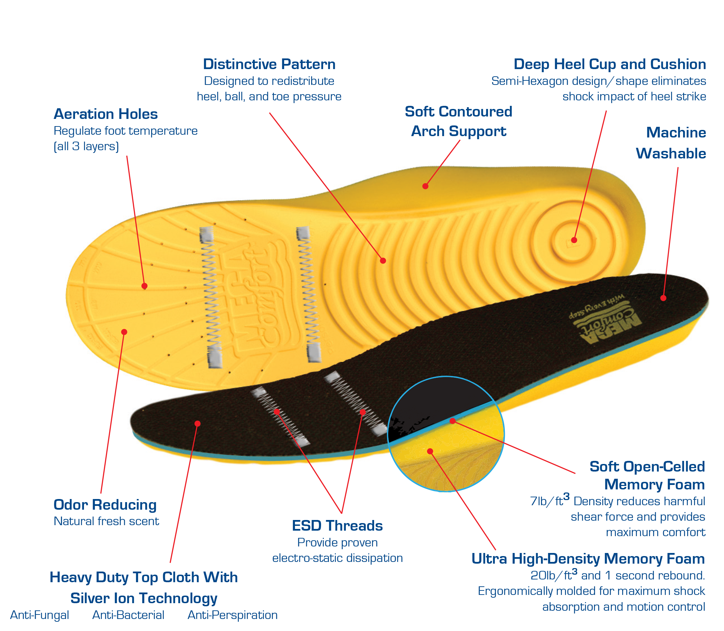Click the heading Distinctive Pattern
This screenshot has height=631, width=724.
click(269, 64)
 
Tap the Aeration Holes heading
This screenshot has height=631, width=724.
click(105, 114)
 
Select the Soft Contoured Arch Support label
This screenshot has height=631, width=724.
click(458, 121)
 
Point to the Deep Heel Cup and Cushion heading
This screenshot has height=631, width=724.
click(609, 64)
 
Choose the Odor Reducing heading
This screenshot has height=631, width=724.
click(105, 505)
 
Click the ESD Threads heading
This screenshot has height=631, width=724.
click(337, 526)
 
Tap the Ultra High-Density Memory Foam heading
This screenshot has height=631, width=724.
click(588, 559)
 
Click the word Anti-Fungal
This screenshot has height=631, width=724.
click(40, 615)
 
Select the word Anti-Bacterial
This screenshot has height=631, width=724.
click(128, 615)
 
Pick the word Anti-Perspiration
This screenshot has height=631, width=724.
click(232, 615)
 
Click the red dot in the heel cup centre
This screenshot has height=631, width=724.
click(574, 240)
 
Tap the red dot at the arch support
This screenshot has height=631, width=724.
click(425, 186)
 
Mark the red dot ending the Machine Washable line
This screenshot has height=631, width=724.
click(663, 298)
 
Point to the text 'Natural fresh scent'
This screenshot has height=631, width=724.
click(106, 521)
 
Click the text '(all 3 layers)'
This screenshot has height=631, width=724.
click(86, 146)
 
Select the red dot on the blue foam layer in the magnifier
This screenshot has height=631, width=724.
click(452, 421)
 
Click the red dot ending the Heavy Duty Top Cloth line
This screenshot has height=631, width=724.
click(198, 424)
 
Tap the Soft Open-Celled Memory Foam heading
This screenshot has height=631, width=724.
click(647, 476)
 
